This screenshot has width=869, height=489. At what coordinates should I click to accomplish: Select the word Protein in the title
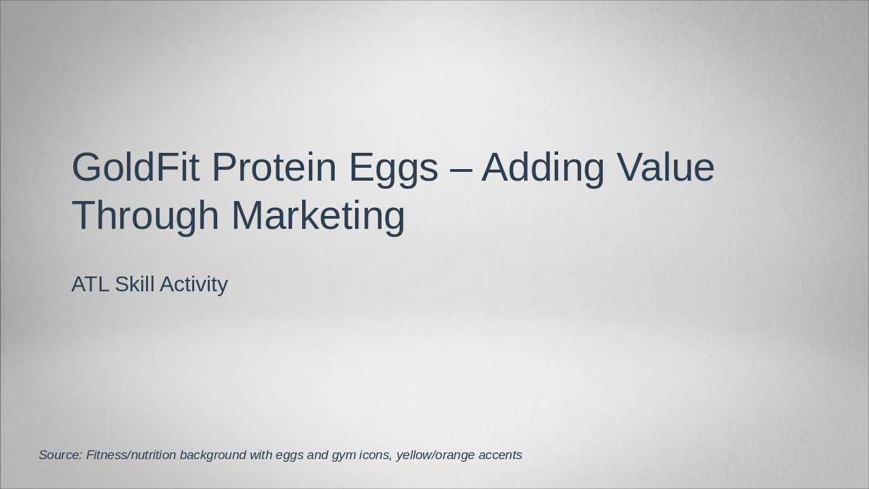[x=274, y=168]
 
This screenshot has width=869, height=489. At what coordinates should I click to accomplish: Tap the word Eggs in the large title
[x=393, y=168]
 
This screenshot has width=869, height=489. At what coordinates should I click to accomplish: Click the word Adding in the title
[x=543, y=168]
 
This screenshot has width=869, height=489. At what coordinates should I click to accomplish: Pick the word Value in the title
[x=665, y=168]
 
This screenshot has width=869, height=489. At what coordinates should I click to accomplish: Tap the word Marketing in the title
[x=318, y=216]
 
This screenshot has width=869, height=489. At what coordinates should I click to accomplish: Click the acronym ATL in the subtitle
[x=90, y=284]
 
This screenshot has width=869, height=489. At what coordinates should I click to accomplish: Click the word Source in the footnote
[x=60, y=455]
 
